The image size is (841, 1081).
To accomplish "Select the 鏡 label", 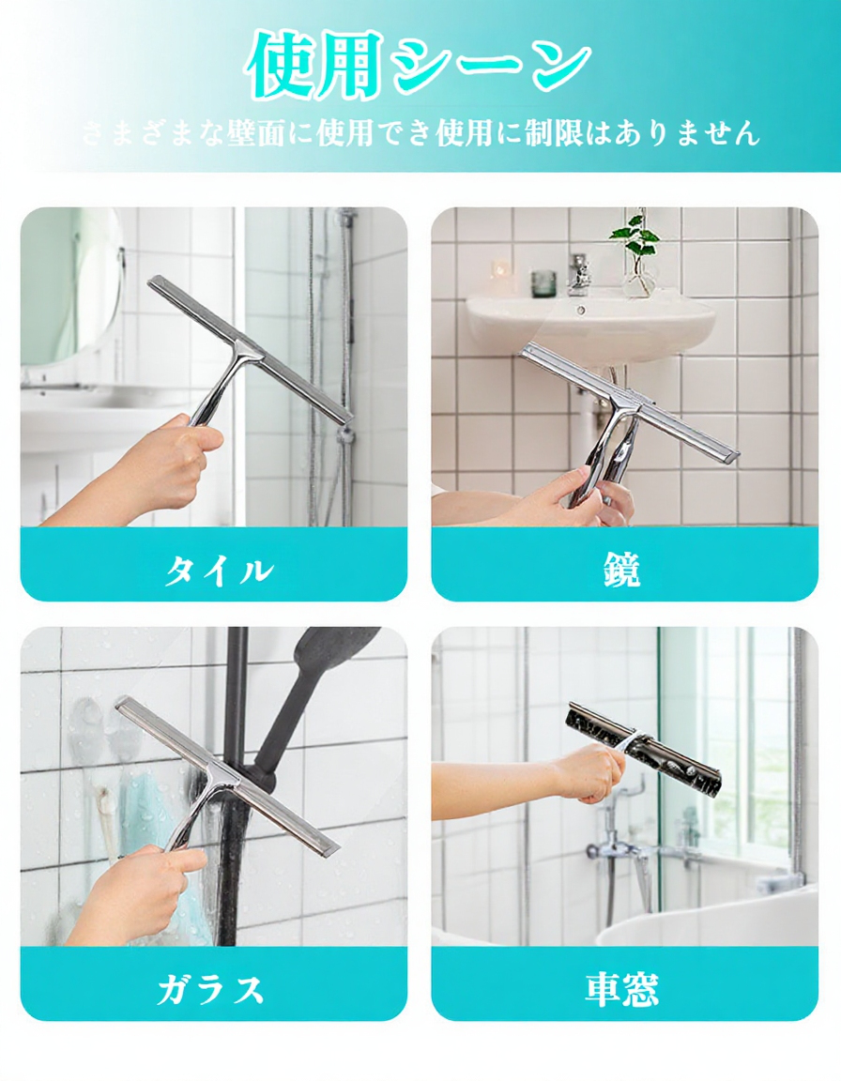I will (623, 570).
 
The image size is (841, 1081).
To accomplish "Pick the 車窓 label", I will (623, 989).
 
